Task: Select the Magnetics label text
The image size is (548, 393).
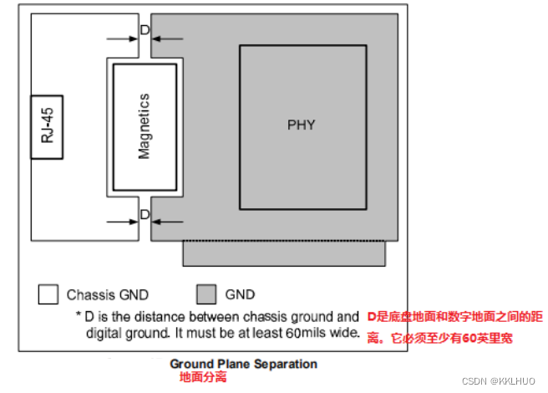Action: tap(144, 126)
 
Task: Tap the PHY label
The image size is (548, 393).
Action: tap(302, 125)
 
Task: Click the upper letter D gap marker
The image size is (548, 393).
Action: tap(145, 30)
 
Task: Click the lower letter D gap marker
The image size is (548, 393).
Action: tap(145, 215)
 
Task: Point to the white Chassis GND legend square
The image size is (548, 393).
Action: tap(48, 294)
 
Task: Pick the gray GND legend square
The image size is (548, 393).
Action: tap(205, 294)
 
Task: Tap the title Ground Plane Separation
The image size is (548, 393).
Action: tap(243, 364)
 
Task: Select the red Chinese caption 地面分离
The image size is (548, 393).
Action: tap(202, 378)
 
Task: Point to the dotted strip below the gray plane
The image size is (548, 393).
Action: tap(285, 252)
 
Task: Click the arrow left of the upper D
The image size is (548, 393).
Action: tap(122, 37)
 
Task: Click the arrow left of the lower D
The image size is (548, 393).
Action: tap(122, 222)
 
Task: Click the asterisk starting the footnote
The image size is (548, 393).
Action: tap(78, 317)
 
